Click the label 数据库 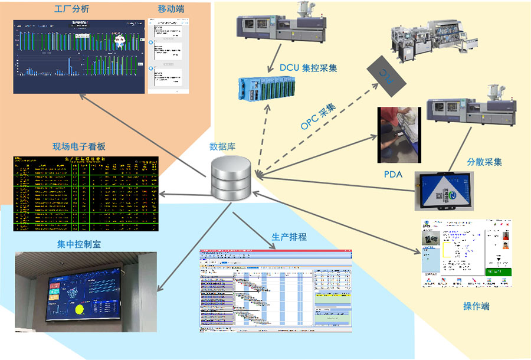click(222, 147)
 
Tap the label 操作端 click(476, 306)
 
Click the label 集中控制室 click(79, 244)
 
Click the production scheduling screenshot click(276, 290)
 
